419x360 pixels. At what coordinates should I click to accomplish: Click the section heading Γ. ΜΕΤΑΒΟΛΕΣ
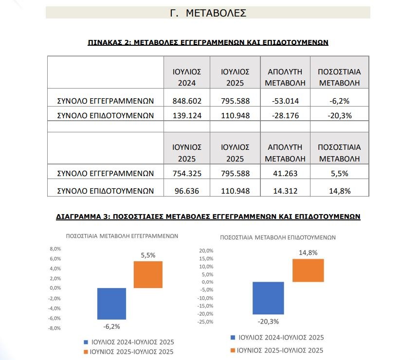coord(208,13)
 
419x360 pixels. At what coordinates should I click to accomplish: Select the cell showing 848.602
coord(187,101)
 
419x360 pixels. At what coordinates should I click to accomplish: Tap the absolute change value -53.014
coord(285,101)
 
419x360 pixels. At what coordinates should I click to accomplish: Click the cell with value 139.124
coord(187,116)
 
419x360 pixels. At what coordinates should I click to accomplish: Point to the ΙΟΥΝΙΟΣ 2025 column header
coord(187,153)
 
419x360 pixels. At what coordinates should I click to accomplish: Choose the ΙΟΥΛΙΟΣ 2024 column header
coord(187,77)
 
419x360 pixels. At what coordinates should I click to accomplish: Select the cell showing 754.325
coord(187,174)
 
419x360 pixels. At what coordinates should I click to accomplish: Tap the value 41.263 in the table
coord(285,174)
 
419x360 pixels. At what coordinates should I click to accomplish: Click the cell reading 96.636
coord(187,191)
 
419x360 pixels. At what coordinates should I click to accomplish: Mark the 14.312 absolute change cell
coord(285,191)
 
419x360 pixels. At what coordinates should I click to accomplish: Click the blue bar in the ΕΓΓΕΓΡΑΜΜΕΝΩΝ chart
coord(111,304)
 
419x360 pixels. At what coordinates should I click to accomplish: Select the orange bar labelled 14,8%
coord(308,270)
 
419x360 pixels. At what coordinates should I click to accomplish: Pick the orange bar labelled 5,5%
coord(148,274)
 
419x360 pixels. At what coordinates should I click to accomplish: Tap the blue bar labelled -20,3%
coord(268,298)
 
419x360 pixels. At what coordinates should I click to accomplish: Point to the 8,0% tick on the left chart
coord(55,249)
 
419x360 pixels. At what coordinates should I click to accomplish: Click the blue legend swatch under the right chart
coord(233,337)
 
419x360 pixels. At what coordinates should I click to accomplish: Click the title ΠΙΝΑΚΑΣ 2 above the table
coord(208,42)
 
